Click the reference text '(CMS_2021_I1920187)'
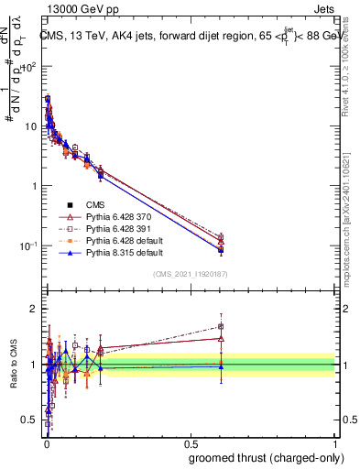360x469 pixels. pos(190,274)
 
